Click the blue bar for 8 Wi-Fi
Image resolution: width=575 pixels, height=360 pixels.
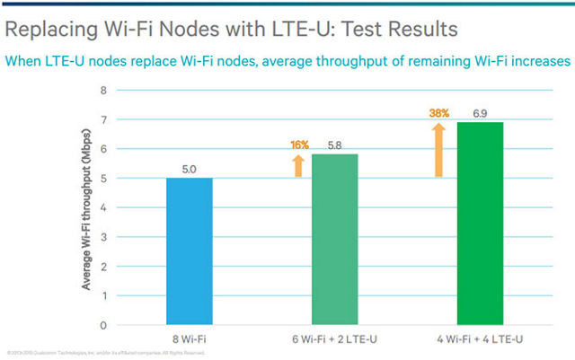pos(190,251)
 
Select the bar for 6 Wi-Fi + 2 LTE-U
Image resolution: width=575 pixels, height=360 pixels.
pos(335,240)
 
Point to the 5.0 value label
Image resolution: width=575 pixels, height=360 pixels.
pos(190,168)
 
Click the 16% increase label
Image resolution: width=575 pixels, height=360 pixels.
pos(299,145)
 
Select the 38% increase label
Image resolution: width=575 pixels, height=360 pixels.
pos(439,113)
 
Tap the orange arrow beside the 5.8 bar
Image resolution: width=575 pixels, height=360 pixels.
pos(299,164)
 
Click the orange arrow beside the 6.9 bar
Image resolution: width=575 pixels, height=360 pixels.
pos(439,149)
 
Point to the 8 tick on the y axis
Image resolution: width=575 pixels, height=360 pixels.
pos(104,91)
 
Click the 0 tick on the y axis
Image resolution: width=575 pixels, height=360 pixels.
pos(104,325)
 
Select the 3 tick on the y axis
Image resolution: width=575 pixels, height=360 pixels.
pos(104,237)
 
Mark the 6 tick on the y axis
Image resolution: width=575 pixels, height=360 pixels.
pos(104,149)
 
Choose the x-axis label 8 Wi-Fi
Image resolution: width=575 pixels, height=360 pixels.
pos(190,338)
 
